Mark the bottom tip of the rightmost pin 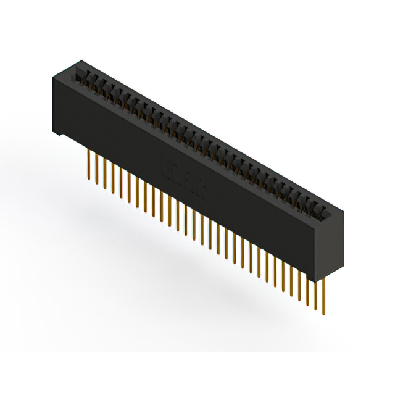tap(322, 313)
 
